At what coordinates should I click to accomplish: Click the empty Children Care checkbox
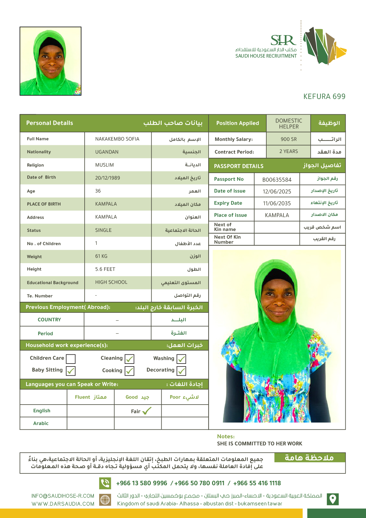(71, 359)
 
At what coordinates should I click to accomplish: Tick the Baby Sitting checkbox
(71, 371)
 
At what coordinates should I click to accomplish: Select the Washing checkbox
(181, 359)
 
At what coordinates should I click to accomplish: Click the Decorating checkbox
(181, 371)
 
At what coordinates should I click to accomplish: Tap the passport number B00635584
(277, 180)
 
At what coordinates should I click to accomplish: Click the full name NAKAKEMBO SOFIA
(117, 139)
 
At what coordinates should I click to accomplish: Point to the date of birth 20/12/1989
(107, 178)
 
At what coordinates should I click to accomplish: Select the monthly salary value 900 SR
(288, 139)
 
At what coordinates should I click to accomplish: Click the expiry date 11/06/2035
(277, 203)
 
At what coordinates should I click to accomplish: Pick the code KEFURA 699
(324, 97)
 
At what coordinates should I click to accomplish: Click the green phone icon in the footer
(105, 483)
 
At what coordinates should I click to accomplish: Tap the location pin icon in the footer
(333, 499)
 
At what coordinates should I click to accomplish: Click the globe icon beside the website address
(105, 500)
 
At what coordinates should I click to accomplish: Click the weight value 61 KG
(101, 256)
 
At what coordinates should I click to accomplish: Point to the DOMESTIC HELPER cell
(288, 123)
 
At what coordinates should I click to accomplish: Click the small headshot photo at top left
(50, 61)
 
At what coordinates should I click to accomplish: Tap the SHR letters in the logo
(283, 40)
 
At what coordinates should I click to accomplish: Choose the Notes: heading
(226, 436)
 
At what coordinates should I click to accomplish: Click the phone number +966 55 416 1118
(257, 483)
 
